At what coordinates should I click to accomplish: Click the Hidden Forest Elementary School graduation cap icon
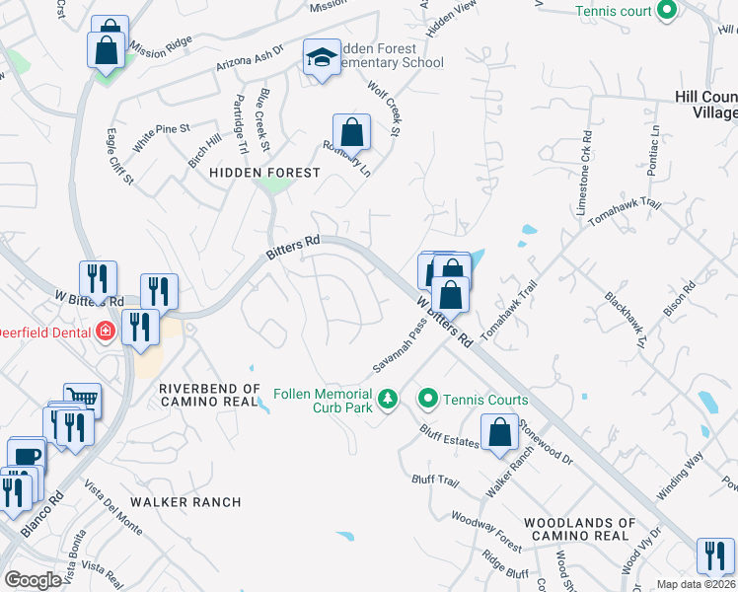pos(322,59)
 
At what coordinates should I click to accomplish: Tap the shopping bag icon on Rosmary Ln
pos(351,130)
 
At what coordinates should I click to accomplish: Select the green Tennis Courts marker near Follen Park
pos(428,400)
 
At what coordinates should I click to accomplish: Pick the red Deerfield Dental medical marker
pos(104,332)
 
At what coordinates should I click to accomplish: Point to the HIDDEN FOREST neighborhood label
pos(264,173)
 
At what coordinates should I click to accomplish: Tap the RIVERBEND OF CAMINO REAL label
pos(210,397)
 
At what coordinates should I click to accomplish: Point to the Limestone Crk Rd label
pos(583,173)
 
